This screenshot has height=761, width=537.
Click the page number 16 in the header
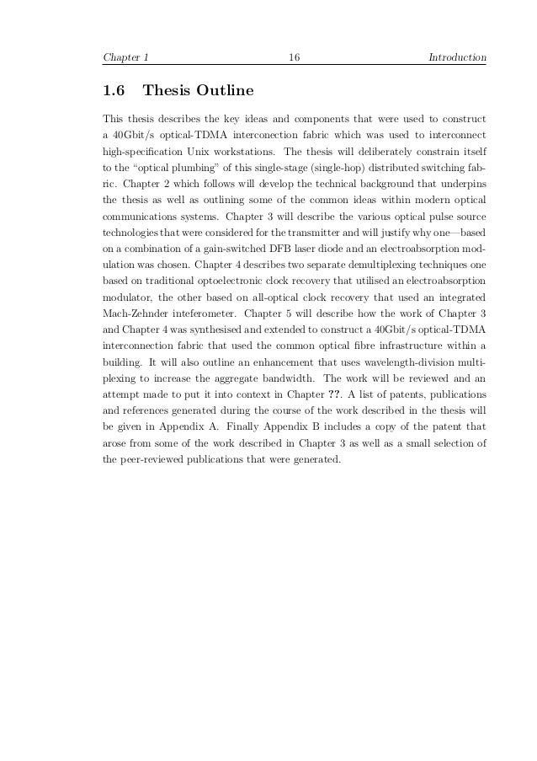[295, 58]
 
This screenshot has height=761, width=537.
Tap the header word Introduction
[457, 58]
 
